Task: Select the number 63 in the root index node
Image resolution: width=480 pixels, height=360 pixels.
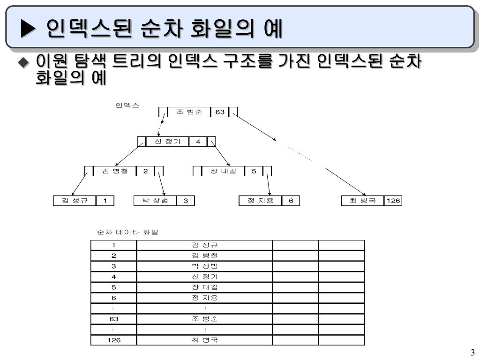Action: [220, 112]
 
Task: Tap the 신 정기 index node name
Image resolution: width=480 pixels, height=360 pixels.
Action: [168, 142]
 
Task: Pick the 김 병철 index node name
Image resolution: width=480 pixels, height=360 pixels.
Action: [115, 171]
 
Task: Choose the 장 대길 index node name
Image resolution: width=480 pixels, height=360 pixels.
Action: [224, 171]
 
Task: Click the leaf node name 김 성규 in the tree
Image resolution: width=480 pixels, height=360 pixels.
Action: [75, 201]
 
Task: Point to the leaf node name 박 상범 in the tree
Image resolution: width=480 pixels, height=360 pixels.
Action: [155, 201]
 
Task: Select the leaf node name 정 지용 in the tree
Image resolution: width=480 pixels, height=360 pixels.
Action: [260, 201]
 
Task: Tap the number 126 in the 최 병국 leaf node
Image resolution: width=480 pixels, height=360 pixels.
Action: [393, 201]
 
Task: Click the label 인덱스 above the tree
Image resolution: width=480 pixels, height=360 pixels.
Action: [127, 105]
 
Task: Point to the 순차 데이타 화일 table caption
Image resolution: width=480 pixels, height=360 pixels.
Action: [127, 232]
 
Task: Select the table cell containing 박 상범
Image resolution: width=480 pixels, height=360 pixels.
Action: [204, 266]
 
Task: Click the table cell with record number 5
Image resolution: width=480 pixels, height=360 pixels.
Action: [113, 287]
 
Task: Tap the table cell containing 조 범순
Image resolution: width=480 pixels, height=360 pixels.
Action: [204, 319]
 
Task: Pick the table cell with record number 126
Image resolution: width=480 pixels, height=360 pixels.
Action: [113, 340]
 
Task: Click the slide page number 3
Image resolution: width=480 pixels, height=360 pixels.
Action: [472, 352]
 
